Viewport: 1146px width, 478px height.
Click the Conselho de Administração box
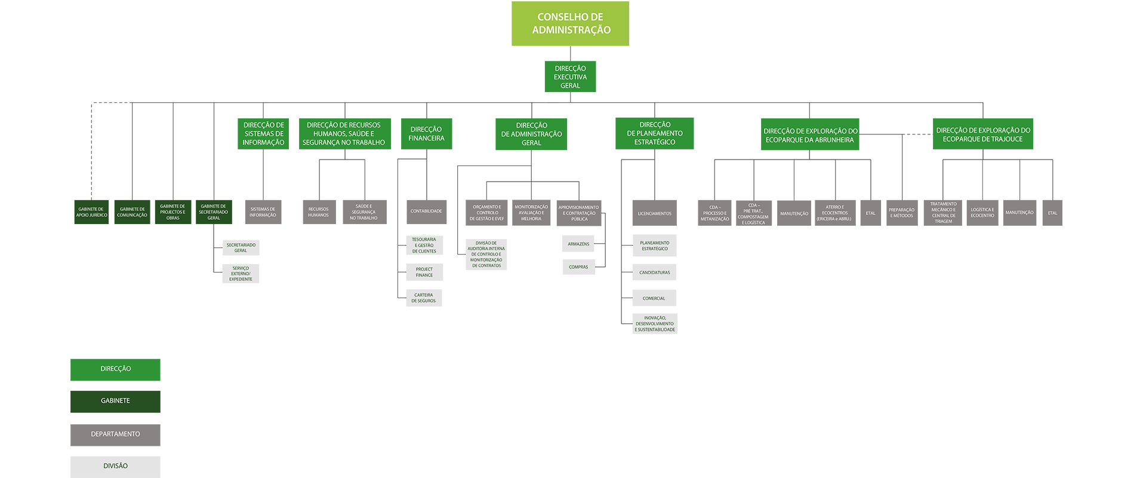[x=570, y=24]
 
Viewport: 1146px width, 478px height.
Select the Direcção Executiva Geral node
[x=570, y=77]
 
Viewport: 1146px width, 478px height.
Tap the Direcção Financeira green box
[x=426, y=134]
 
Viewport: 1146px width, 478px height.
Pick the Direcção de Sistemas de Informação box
[x=264, y=134]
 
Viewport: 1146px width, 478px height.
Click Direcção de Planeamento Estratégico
[x=655, y=133]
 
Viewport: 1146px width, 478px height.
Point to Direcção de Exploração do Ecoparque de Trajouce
[x=983, y=134]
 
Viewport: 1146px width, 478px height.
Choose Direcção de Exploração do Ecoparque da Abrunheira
[x=810, y=135]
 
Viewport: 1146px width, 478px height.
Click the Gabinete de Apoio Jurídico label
[x=91, y=212]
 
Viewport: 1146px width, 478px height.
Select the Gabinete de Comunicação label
[x=132, y=212]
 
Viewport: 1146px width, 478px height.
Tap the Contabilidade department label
[x=426, y=211]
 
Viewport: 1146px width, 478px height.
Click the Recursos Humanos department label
[x=318, y=212]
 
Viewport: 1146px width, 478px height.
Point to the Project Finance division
[x=424, y=272]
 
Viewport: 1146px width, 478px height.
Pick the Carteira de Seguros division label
[x=424, y=298]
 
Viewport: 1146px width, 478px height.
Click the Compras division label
[x=578, y=267]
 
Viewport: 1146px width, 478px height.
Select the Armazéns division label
[x=578, y=244]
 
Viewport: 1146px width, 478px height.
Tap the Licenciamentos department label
[x=654, y=213]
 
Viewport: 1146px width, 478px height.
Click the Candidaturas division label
[x=655, y=272]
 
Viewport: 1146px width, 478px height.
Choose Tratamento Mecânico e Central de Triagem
[x=943, y=213]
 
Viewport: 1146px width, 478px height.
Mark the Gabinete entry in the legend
[x=115, y=401]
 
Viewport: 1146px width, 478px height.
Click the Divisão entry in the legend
[x=115, y=466]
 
